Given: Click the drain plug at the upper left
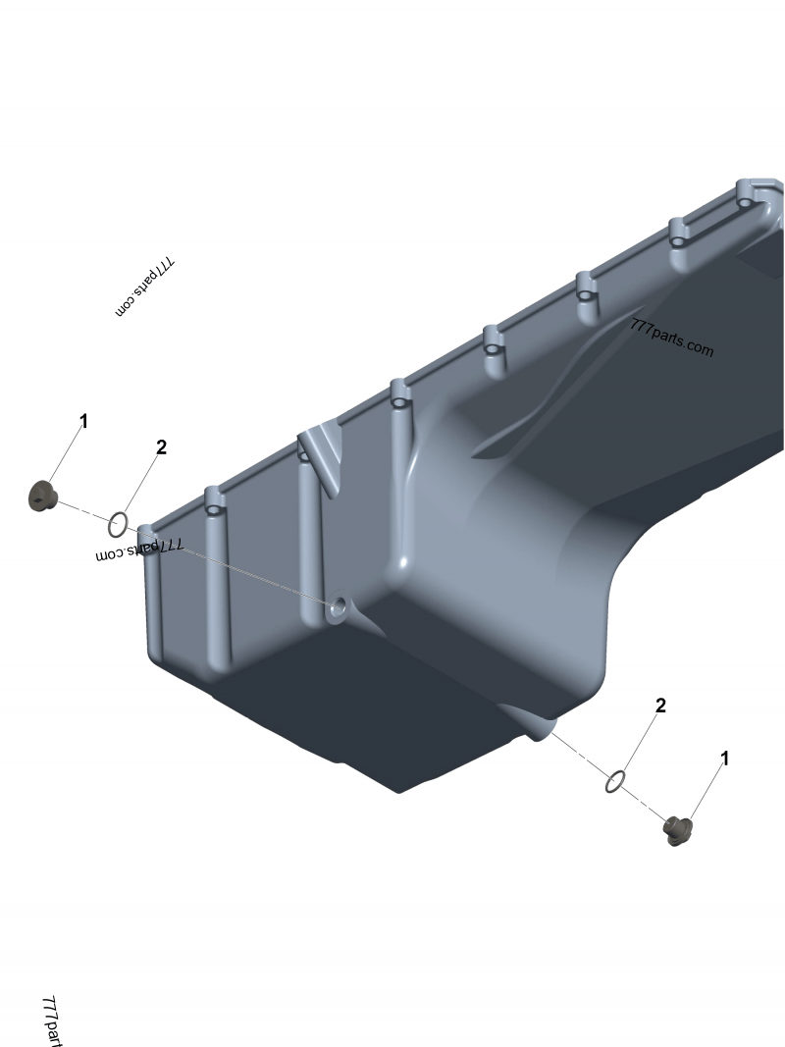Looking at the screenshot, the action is [43, 496].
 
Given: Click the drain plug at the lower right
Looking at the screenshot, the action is [678, 831].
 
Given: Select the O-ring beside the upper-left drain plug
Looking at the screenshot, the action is [118, 525].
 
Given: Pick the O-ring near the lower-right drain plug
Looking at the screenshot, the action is [615, 782].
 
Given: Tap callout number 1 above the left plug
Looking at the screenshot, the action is [83, 421].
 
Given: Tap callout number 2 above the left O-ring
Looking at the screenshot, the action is [161, 447].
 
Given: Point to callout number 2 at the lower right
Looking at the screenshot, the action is [660, 706].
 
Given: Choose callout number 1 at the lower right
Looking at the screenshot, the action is [725, 759].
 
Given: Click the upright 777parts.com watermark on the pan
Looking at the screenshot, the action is [671, 338].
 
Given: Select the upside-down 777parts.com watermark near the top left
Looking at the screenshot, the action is [145, 288].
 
